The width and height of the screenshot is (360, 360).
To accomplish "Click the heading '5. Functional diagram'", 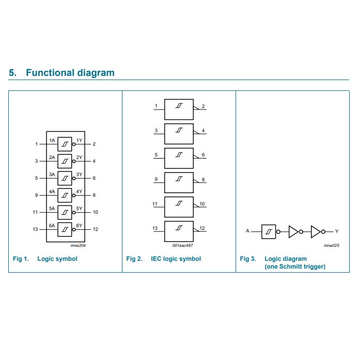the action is click(62, 73).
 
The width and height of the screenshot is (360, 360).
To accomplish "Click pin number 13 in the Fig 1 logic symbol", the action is click(36, 229).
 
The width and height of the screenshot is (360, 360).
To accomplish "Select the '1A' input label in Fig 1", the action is click(52, 140).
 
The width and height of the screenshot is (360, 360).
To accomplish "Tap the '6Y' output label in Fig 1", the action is click(79, 226).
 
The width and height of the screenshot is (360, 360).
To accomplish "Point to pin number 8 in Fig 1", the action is click(93, 195).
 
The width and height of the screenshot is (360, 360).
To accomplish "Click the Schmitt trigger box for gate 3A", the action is click(65, 178).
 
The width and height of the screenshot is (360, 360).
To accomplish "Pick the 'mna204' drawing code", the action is click(78, 245).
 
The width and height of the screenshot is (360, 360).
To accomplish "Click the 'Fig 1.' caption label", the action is click(21, 259).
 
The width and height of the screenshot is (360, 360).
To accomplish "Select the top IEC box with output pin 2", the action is click(179, 109).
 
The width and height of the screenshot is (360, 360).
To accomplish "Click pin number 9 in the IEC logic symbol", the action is click(155, 180).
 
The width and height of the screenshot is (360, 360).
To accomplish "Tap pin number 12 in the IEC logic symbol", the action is click(202, 228).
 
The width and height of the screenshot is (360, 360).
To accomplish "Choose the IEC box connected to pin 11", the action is click(179, 207).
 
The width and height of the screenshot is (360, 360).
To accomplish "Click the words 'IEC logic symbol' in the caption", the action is click(176, 259).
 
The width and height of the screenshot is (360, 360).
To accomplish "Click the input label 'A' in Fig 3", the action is click(247, 231).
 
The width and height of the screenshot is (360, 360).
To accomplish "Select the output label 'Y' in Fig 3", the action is click(337, 231).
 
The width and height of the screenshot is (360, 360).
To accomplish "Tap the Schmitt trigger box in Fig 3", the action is click(269, 231).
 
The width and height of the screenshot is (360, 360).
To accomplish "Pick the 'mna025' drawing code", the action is click(331, 245).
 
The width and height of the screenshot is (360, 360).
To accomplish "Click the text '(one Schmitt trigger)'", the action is click(295, 267).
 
